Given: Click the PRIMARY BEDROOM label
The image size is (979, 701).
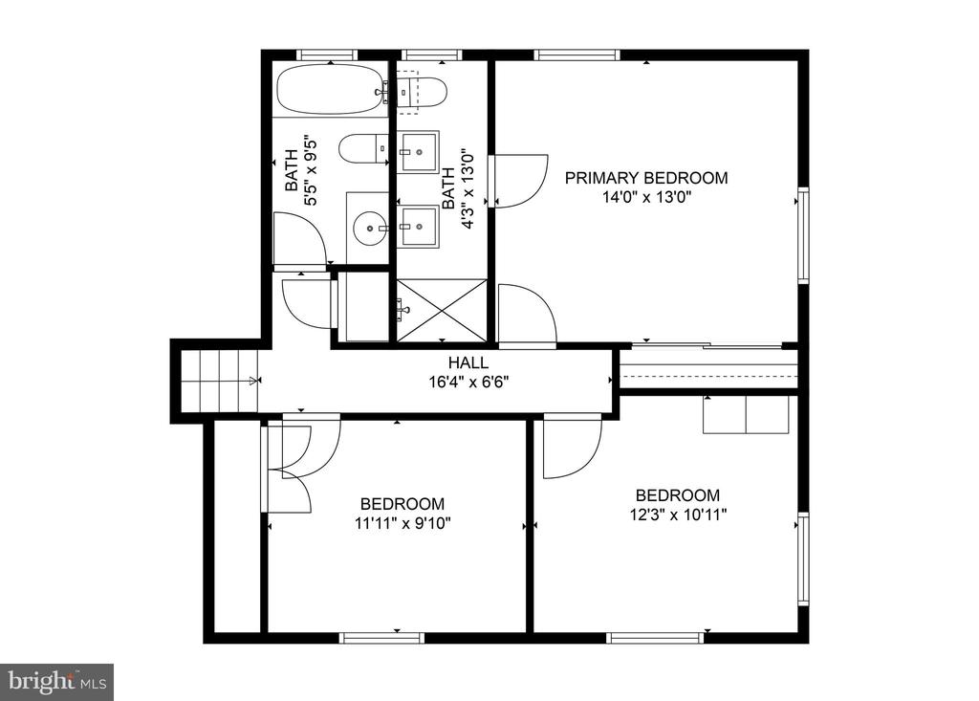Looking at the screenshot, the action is click(646, 178).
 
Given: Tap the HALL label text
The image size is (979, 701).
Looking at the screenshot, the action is click(468, 362).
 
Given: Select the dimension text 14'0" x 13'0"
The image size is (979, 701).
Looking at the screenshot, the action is click(646, 198).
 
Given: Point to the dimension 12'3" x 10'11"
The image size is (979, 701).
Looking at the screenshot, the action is click(678, 515).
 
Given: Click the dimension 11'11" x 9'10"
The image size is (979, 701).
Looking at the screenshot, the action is click(402, 523).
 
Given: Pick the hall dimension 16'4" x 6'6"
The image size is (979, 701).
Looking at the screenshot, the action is click(468, 382).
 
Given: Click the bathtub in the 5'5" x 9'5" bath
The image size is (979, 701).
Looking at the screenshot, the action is click(331, 90).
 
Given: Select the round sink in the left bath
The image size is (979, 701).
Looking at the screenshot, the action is click(371, 229).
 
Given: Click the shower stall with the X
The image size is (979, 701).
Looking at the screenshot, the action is click(442, 311).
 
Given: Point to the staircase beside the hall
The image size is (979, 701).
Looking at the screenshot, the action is click(220, 382).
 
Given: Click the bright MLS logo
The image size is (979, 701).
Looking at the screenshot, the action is click(56, 681).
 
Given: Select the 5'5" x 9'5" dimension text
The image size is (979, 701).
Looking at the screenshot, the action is click(311, 172).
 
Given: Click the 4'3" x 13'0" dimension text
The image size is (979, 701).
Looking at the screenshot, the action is click(468, 188).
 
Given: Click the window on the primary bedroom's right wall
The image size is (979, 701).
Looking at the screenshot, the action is click(803, 235).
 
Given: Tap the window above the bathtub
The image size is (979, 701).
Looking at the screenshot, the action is click(327, 55).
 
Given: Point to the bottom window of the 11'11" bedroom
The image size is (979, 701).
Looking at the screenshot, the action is click(382, 638).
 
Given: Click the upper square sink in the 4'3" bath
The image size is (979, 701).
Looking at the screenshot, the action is click(419, 151).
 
